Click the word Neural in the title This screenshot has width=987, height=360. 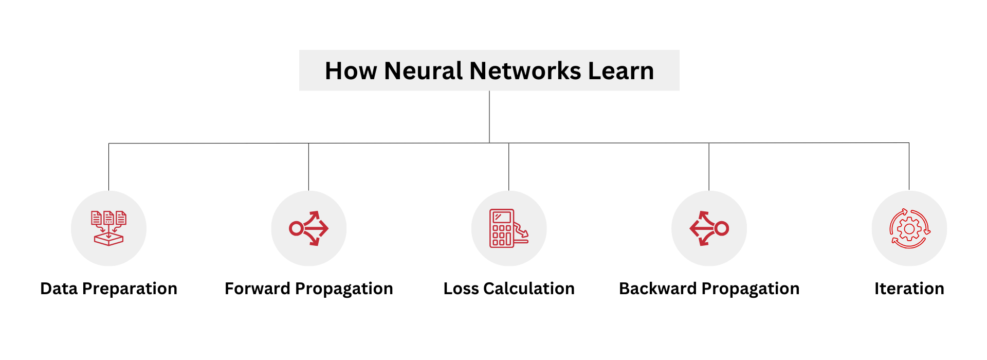[x=423, y=71]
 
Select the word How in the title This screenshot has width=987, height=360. [x=351, y=71]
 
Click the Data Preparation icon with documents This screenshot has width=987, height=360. [x=108, y=228]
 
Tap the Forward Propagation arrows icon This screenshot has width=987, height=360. [x=309, y=228]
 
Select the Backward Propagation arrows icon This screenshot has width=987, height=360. [x=709, y=228]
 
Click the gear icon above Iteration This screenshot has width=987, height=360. [x=909, y=228]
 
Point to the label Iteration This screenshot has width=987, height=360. [x=909, y=289]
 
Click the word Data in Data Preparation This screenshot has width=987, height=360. [x=59, y=289]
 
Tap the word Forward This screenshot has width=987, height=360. [x=257, y=289]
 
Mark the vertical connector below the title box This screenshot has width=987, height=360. [x=489, y=117]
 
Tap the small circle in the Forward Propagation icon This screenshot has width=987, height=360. [x=296, y=228]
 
